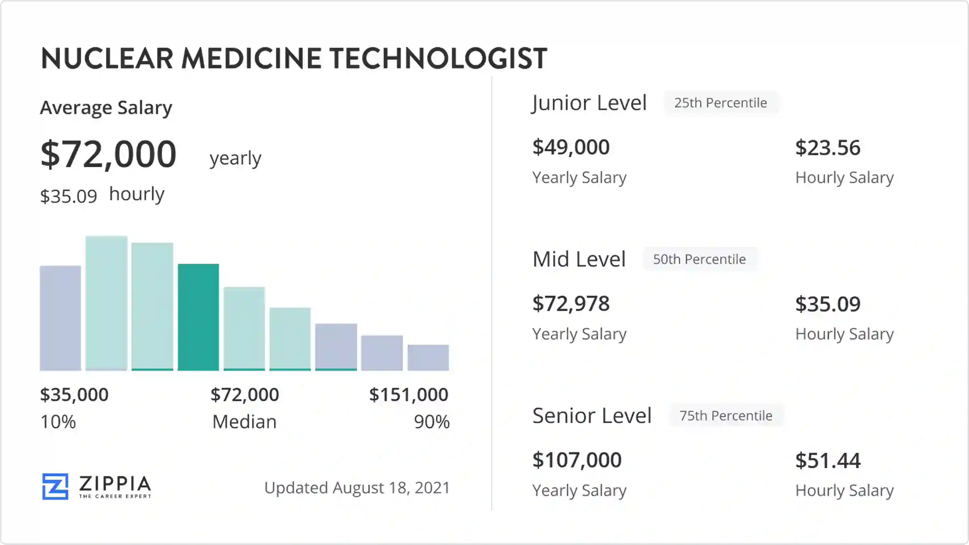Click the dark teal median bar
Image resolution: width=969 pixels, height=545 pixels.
click(198, 317)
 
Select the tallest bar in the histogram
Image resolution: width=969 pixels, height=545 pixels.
click(107, 303)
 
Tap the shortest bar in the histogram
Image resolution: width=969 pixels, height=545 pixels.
click(428, 358)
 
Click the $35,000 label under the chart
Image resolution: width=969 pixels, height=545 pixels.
click(74, 394)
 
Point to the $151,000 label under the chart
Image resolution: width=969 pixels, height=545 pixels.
click(409, 394)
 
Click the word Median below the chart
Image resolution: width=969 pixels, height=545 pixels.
click(244, 422)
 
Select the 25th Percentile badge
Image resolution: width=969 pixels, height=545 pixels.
click(721, 103)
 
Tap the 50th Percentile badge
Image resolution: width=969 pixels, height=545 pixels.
click(699, 259)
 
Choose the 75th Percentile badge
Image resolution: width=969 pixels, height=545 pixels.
click(726, 415)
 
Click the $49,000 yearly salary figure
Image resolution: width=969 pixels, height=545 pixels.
click(571, 147)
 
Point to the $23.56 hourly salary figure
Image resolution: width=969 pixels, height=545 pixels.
click(828, 148)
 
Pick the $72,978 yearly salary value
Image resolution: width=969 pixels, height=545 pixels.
click(571, 304)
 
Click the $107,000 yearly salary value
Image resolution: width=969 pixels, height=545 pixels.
click(577, 460)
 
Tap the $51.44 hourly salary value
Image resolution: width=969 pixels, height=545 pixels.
click(828, 461)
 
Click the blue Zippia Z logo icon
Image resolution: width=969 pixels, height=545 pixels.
click(55, 486)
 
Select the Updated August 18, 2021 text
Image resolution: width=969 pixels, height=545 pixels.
click(357, 488)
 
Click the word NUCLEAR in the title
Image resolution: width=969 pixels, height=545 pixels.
click(107, 59)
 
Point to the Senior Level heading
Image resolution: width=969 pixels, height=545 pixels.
click(592, 415)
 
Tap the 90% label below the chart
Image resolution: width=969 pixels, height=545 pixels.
click(432, 422)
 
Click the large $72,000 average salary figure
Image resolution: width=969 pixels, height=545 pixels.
click(109, 154)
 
